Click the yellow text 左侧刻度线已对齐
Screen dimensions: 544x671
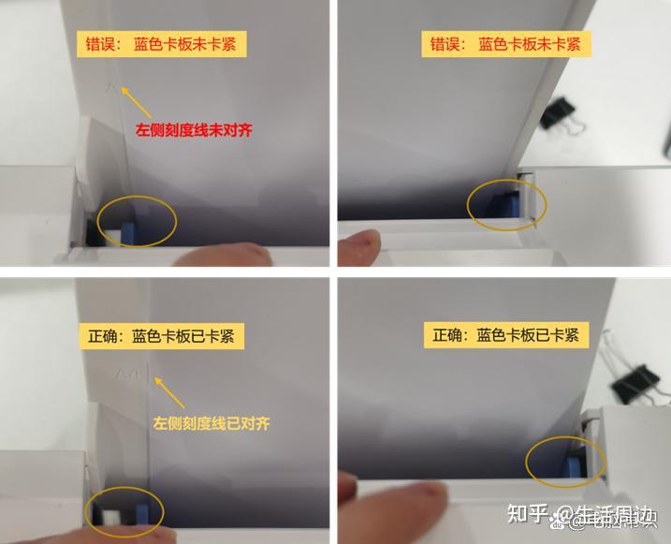click(x=212, y=423)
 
